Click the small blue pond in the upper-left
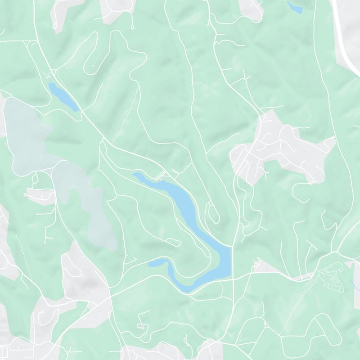(63, 95)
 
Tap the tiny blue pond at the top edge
(295, 6)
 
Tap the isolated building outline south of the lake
(142, 326)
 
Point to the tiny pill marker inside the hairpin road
(93, 66)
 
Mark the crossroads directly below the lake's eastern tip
(234, 279)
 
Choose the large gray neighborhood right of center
(279, 148)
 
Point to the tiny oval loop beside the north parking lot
(174, 172)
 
